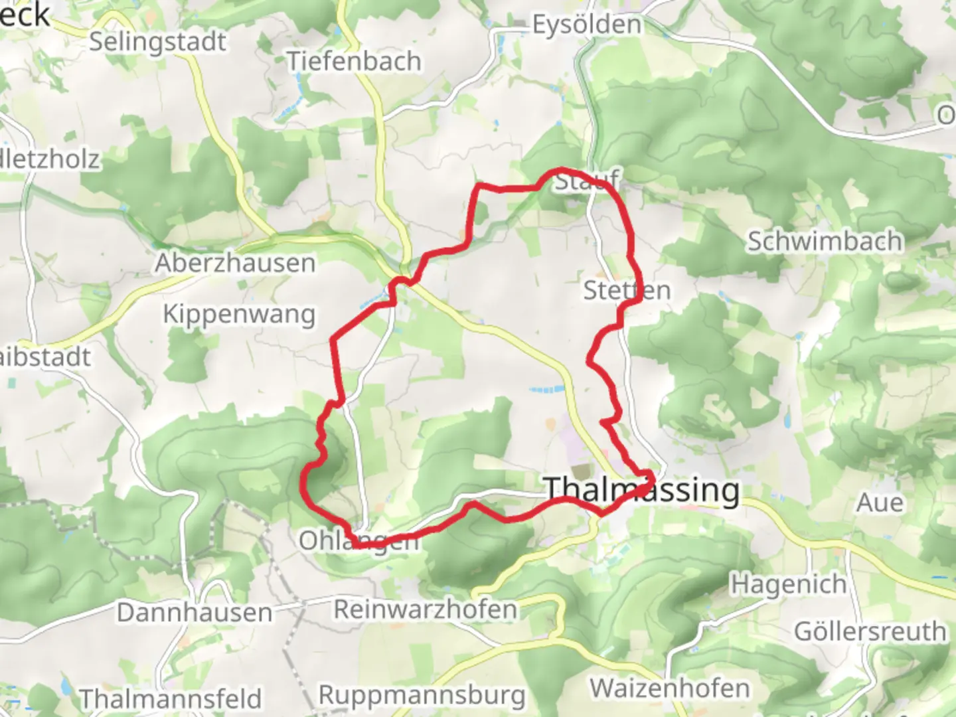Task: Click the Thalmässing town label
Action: (641, 491)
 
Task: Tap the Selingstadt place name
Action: (157, 42)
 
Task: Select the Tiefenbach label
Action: (354, 62)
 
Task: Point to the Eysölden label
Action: (587, 25)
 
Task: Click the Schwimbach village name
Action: (825, 242)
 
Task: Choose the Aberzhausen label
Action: (235, 264)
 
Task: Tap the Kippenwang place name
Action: (239, 314)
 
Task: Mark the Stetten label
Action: (627, 291)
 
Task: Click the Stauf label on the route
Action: (586, 180)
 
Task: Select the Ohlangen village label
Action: (358, 541)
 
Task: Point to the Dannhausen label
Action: (195, 613)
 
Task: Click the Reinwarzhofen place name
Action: (425, 609)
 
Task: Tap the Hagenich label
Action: (788, 585)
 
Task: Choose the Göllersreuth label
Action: (870, 632)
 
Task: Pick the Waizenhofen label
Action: (670, 688)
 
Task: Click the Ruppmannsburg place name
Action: (422, 696)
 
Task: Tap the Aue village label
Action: (880, 503)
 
